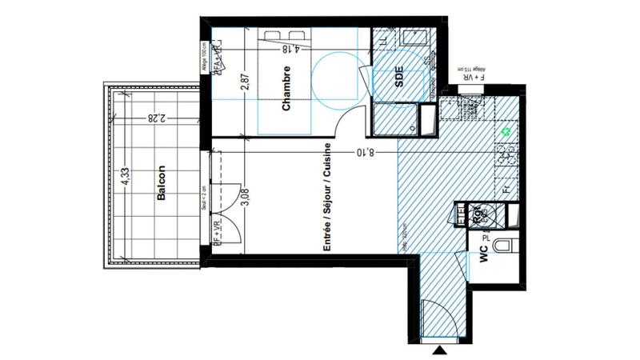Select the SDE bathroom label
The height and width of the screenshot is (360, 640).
(399, 78)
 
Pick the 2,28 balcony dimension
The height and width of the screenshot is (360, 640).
(154, 118)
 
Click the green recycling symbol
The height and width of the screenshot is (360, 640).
(505, 130)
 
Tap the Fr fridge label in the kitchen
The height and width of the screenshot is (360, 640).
(506, 190)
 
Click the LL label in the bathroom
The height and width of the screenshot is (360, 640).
(383, 38)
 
